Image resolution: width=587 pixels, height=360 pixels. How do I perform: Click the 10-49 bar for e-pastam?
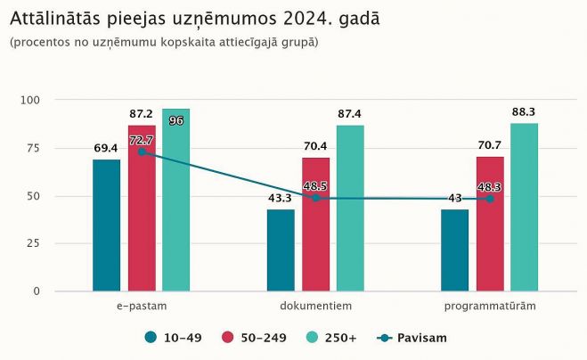106,225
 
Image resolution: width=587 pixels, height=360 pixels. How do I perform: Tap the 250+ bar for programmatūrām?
524,207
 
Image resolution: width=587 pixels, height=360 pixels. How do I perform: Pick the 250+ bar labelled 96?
175,200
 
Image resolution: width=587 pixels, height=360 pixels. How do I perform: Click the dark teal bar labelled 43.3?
281,250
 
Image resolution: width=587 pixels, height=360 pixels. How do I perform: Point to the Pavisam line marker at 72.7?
141,152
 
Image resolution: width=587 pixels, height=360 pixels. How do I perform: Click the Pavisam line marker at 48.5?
315,198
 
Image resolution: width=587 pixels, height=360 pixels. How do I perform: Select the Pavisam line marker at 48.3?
490,199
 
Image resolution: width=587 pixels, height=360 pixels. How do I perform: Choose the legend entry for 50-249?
257,338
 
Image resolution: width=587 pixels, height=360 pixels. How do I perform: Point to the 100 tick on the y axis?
31,100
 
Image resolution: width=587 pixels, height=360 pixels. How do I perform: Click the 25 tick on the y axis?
34,243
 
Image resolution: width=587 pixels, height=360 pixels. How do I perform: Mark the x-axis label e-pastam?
141,307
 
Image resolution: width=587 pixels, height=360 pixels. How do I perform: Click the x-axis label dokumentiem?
315,307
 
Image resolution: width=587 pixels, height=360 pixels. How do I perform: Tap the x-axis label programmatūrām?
490,307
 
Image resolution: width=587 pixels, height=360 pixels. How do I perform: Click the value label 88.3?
524,112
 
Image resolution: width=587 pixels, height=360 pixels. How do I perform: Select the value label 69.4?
107,148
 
